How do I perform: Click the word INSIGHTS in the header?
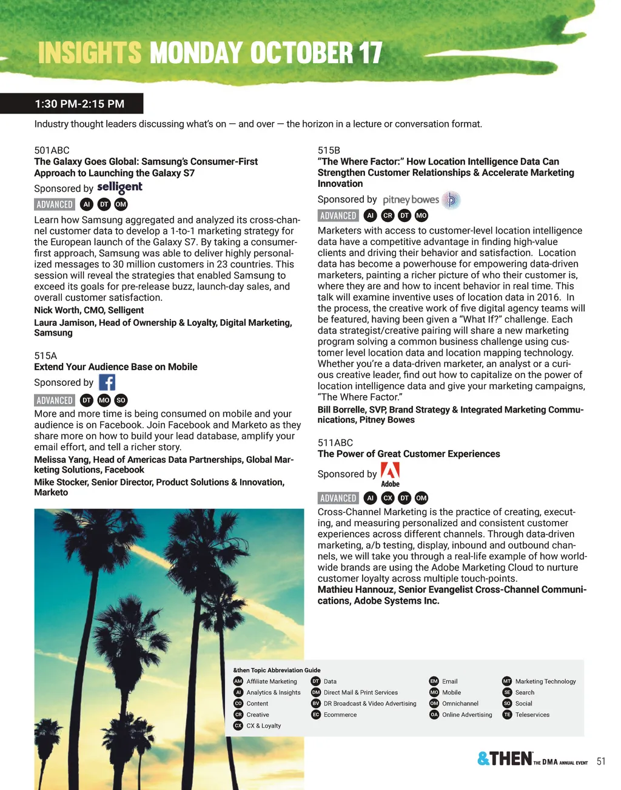click(90, 53)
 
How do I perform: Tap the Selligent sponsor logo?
click(119, 187)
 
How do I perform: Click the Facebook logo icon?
click(107, 382)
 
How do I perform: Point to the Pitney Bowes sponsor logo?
click(421, 200)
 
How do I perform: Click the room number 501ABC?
click(52, 150)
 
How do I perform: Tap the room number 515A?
click(45, 356)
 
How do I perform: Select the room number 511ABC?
click(335, 443)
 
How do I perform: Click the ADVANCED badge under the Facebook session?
click(55, 400)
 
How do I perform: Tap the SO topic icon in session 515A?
click(121, 400)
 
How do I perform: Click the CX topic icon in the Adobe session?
click(388, 498)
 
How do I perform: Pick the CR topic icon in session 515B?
click(388, 215)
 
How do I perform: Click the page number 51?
click(600, 761)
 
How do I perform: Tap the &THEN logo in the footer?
click(505, 759)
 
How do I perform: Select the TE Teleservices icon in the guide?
click(507, 715)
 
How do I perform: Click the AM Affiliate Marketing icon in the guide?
click(238, 681)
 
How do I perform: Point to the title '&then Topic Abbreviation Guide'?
click(277, 670)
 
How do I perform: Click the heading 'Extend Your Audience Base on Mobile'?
click(115, 367)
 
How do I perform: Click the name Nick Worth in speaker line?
click(56, 311)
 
